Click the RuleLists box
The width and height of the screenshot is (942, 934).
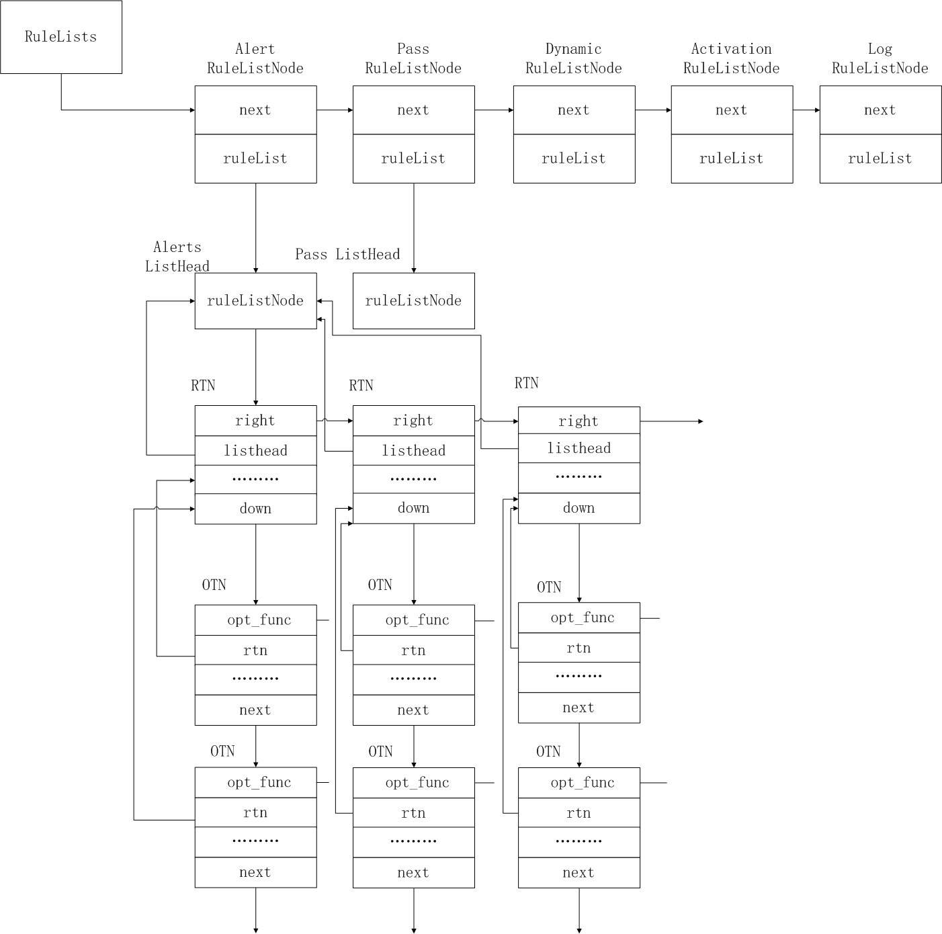[61, 37]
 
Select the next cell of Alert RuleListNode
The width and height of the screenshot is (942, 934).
[255, 110]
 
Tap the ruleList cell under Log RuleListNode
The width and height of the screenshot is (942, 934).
[880, 159]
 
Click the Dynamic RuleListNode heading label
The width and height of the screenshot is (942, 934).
[573, 58]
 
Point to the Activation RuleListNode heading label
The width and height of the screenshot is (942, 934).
[731, 58]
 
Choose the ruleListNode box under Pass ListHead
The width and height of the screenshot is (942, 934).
[413, 301]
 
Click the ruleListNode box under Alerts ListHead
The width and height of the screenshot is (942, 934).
[255, 301]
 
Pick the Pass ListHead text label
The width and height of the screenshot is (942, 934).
[347, 255]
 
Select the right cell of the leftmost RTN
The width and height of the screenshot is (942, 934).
[255, 421]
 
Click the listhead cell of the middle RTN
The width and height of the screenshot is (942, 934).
[413, 451]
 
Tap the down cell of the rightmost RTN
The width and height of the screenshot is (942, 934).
[579, 509]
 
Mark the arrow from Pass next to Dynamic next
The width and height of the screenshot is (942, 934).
[494, 110]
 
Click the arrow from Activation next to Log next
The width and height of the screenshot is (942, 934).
[806, 110]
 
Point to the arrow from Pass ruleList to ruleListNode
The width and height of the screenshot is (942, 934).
[414, 228]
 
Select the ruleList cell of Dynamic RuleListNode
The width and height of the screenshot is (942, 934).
[574, 159]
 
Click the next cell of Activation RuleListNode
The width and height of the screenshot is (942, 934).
[732, 110]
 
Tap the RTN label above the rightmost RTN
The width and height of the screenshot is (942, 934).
[527, 383]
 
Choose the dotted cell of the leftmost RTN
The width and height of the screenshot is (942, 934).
[255, 479]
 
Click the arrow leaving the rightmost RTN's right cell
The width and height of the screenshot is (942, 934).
[671, 421]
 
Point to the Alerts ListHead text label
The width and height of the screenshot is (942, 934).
[177, 257]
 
